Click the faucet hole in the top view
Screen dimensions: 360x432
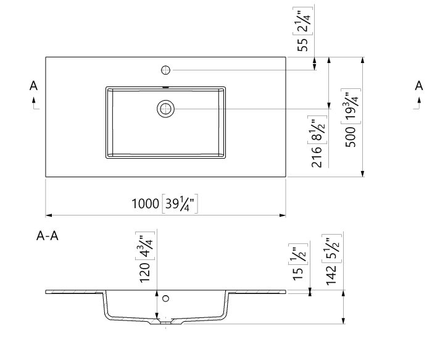(x=165, y=69)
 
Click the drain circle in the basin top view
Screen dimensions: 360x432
(x=165, y=109)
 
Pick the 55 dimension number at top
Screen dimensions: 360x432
(x=302, y=44)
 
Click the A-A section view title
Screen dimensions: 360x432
(x=48, y=236)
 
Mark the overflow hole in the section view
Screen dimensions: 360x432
(x=165, y=298)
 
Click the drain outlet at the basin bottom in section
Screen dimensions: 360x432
(x=165, y=322)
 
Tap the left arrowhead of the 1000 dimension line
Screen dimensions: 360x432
(x=48, y=216)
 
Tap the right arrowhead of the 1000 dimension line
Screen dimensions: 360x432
(x=283, y=216)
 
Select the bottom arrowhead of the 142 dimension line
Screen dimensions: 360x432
(x=344, y=320)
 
